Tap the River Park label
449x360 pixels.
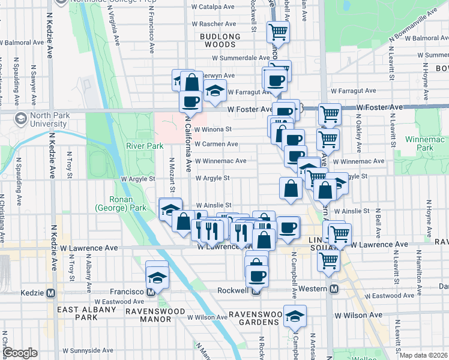144,146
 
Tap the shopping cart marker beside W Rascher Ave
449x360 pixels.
277,31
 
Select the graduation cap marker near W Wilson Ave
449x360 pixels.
295,316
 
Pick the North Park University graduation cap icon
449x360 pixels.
20,118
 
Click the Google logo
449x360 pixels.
21,353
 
